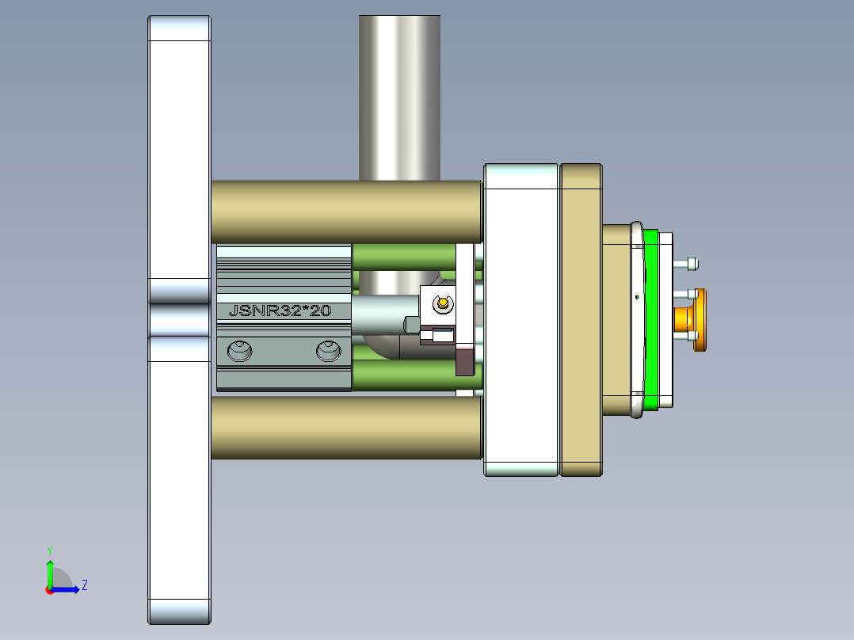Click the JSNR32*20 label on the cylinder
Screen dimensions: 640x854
[279, 311]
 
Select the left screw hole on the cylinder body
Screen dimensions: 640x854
[238, 350]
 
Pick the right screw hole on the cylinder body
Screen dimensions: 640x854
[328, 350]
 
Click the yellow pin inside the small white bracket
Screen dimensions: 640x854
[442, 301]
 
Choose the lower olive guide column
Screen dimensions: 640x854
[346, 427]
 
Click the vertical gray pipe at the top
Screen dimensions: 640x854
[399, 95]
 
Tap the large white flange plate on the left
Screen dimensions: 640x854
[180, 475]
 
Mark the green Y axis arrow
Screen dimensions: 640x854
[50, 572]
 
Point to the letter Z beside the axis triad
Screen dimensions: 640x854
[85, 585]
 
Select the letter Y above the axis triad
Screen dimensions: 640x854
[49, 550]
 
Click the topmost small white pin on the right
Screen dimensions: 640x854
[691, 263]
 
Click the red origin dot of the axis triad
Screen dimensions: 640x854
[49, 590]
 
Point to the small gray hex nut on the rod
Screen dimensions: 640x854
[411, 325]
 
